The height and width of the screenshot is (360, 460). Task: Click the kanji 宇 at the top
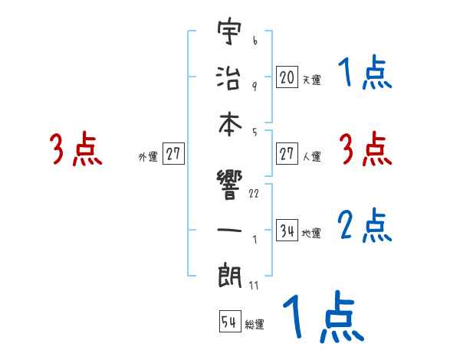(230, 34)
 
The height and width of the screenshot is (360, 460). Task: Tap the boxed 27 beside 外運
(173, 154)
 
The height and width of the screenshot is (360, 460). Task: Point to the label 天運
(310, 80)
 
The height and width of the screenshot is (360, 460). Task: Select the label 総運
(255, 325)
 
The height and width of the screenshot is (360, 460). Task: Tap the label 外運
(148, 157)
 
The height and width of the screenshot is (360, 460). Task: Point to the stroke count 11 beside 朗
(253, 286)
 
